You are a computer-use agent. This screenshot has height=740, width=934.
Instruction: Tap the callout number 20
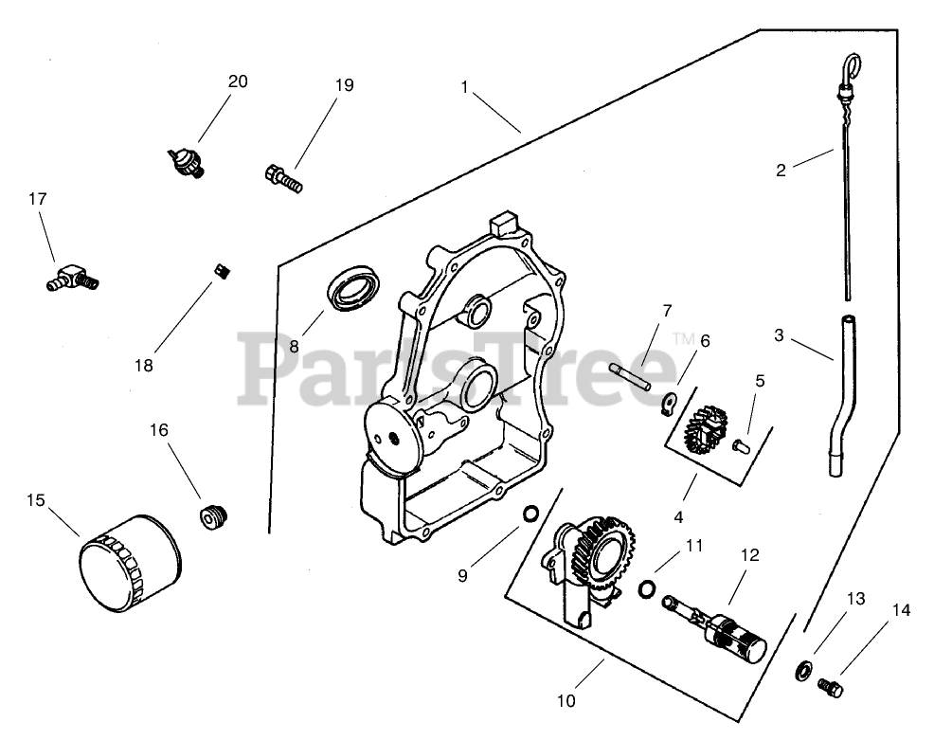pyautogui.click(x=237, y=81)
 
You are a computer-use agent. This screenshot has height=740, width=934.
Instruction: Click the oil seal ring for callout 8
pyautogui.click(x=354, y=287)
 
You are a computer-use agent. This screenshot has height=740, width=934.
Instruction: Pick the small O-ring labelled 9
pyautogui.click(x=530, y=514)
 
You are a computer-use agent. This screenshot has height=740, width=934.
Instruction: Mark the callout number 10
pyautogui.click(x=566, y=701)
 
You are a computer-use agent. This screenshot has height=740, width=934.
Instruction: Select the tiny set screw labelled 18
pyautogui.click(x=225, y=273)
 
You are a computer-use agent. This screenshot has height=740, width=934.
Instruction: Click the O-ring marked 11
pyautogui.click(x=646, y=589)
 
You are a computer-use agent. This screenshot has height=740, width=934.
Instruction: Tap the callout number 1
pyautogui.click(x=465, y=86)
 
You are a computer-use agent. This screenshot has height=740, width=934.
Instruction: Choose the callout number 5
pyautogui.click(x=759, y=381)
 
